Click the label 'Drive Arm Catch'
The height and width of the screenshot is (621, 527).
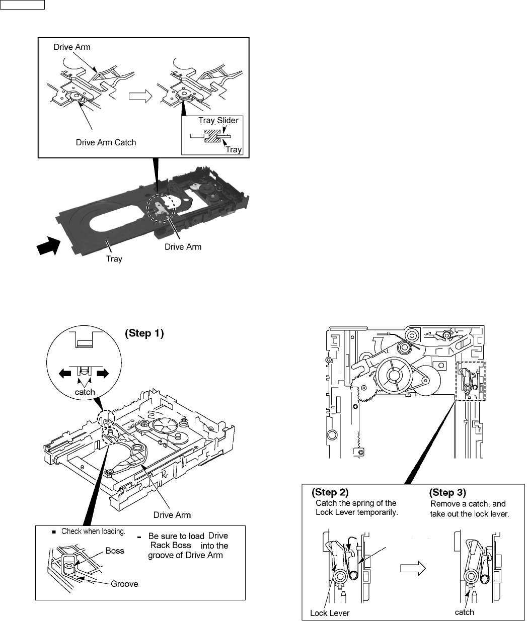point(106,142)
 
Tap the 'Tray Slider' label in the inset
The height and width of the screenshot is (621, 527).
point(218,121)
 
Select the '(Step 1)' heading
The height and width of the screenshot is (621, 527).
point(144,334)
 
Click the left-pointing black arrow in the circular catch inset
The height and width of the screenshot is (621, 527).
point(64,373)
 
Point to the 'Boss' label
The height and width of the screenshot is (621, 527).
point(115,551)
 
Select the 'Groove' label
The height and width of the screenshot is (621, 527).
point(124,584)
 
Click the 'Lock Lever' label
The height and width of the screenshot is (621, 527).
point(329,613)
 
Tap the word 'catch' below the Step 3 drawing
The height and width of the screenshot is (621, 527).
point(465,612)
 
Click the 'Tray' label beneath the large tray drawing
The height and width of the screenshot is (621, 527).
point(114,259)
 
